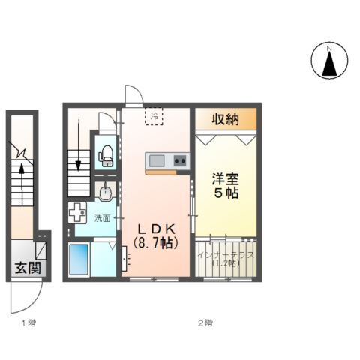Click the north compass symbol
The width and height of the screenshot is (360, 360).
tap(328, 61)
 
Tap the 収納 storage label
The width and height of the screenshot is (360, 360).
tap(226, 118)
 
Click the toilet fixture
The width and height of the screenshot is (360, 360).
tap(106, 154)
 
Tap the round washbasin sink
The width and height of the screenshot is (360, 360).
tap(106, 193)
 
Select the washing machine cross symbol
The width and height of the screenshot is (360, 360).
tap(78, 214)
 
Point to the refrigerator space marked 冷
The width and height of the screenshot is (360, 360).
tap(154, 116)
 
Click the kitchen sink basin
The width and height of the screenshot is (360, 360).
tap(158, 161)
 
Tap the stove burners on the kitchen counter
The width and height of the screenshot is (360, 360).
tap(180, 161)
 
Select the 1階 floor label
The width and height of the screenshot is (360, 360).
tap(27, 323)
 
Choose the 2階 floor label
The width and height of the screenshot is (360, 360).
tap(205, 323)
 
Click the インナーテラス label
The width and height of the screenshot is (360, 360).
tap(226, 255)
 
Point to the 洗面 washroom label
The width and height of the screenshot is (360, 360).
tap(102, 218)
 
